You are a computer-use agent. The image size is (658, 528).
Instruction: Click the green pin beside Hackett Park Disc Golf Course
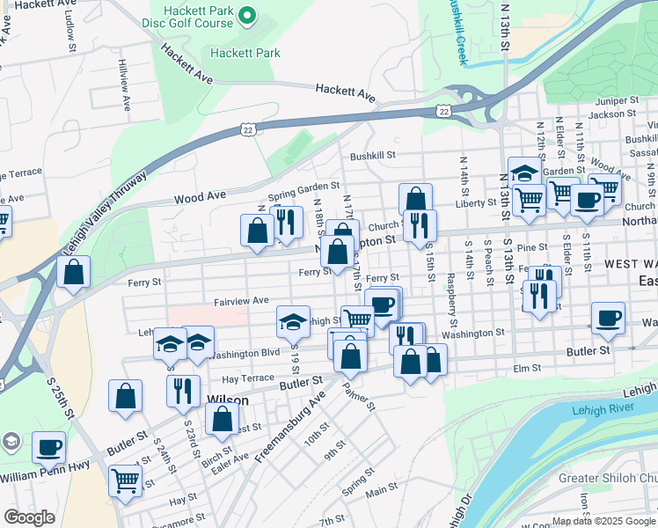(247, 15)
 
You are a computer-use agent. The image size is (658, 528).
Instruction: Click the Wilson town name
(226, 400)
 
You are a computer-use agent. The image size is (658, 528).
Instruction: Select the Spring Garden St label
(303, 187)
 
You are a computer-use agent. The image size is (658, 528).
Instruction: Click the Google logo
(30, 517)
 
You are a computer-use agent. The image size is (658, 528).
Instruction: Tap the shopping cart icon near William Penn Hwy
(126, 480)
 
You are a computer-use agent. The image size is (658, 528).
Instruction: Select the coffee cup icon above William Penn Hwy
(48, 446)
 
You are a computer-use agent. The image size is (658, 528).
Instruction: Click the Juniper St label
(615, 101)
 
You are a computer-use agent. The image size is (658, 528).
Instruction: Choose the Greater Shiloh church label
(607, 478)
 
